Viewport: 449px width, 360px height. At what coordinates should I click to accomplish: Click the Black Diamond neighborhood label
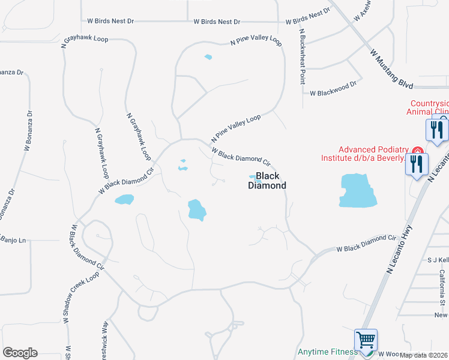267,181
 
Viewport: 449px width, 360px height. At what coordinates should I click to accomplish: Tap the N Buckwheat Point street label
302,56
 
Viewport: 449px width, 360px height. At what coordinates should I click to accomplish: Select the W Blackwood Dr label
333,93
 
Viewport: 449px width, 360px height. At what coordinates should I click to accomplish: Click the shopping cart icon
366,341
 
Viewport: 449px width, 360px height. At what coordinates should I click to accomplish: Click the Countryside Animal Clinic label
428,107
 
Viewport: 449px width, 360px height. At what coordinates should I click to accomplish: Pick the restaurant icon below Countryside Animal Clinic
437,130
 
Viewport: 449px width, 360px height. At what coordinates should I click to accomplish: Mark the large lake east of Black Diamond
358,190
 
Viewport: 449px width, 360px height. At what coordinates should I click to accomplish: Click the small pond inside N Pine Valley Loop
208,58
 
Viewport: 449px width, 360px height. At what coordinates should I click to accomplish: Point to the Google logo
20,353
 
